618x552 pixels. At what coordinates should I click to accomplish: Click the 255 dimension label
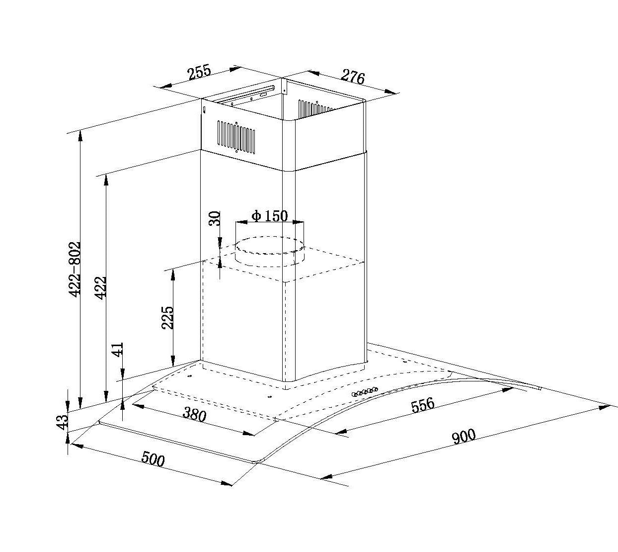pyautogui.click(x=199, y=73)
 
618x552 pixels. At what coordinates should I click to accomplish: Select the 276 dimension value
pyautogui.click(x=353, y=77)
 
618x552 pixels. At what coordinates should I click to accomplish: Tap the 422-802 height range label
pyautogui.click(x=75, y=269)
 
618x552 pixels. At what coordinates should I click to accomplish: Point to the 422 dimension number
pyautogui.click(x=101, y=287)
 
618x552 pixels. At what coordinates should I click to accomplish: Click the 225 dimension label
pyautogui.click(x=168, y=317)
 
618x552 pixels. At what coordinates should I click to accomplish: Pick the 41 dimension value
pyautogui.click(x=118, y=350)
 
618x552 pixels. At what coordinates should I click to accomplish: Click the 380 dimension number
pyautogui.click(x=195, y=414)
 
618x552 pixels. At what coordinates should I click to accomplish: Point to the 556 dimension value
pyautogui.click(x=423, y=405)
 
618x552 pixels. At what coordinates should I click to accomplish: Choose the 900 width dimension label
pyautogui.click(x=463, y=436)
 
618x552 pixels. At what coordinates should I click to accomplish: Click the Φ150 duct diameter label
pyautogui.click(x=270, y=216)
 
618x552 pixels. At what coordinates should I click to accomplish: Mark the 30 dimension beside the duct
pyautogui.click(x=214, y=218)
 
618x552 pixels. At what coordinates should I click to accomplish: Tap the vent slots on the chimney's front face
pyautogui.click(x=236, y=136)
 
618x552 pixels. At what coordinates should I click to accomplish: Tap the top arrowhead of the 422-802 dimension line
pyautogui.click(x=80, y=136)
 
